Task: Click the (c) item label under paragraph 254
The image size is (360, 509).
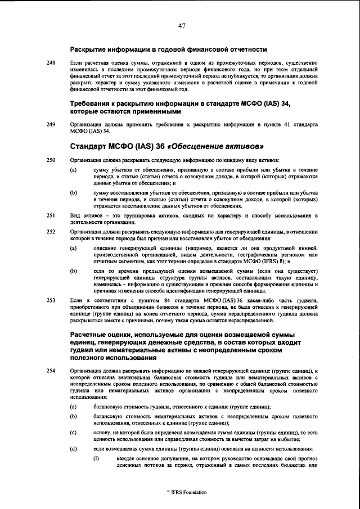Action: (73, 432)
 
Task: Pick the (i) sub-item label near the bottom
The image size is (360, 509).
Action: (96, 459)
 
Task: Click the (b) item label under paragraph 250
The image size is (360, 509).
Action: (73, 192)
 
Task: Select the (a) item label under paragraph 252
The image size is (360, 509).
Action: (73, 247)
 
